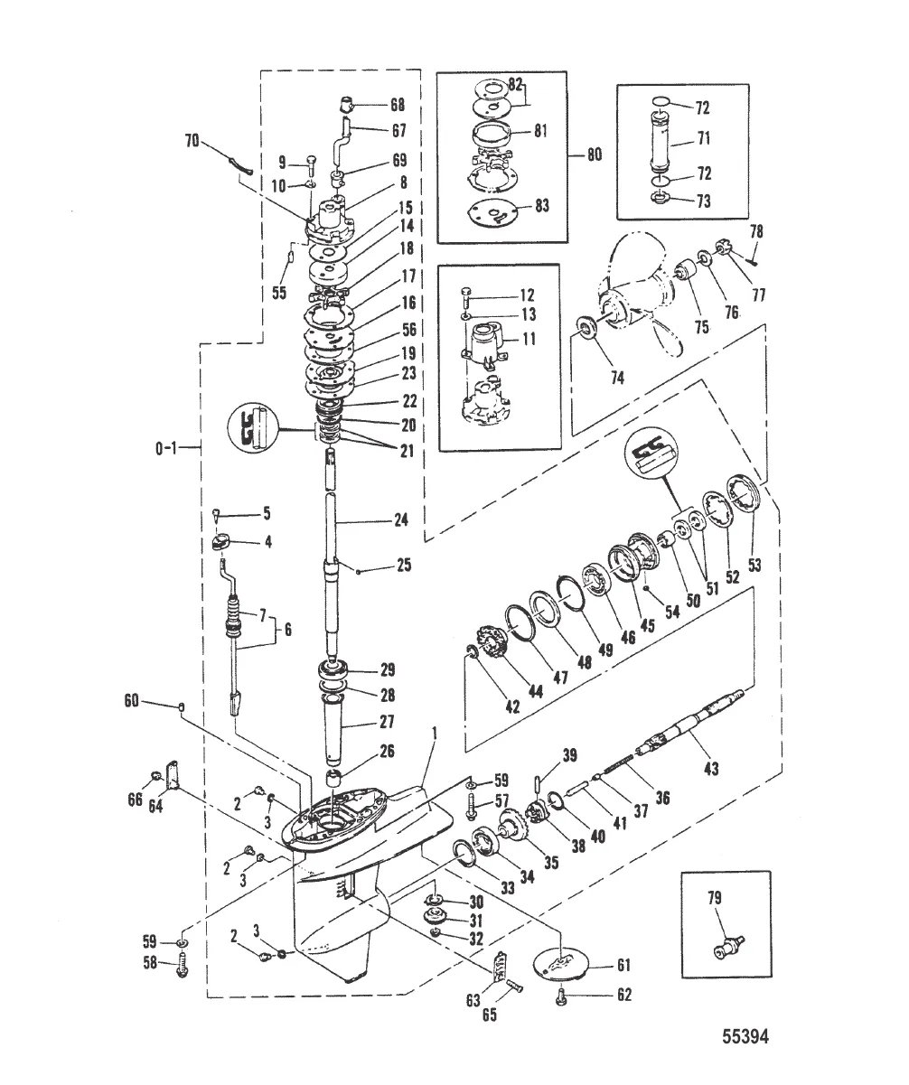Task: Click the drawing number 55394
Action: [x=745, y=1051]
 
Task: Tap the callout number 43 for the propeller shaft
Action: [x=710, y=768]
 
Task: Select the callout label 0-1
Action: [x=166, y=448]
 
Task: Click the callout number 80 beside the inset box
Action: [x=594, y=154]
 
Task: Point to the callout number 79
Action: [x=715, y=897]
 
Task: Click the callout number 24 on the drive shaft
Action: [x=400, y=519]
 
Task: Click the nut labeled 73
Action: [x=659, y=198]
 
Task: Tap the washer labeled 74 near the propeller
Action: [x=586, y=330]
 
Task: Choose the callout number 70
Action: [x=192, y=140]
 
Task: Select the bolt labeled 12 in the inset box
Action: [x=466, y=298]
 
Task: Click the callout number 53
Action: [x=754, y=564]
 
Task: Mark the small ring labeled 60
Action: [x=182, y=706]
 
